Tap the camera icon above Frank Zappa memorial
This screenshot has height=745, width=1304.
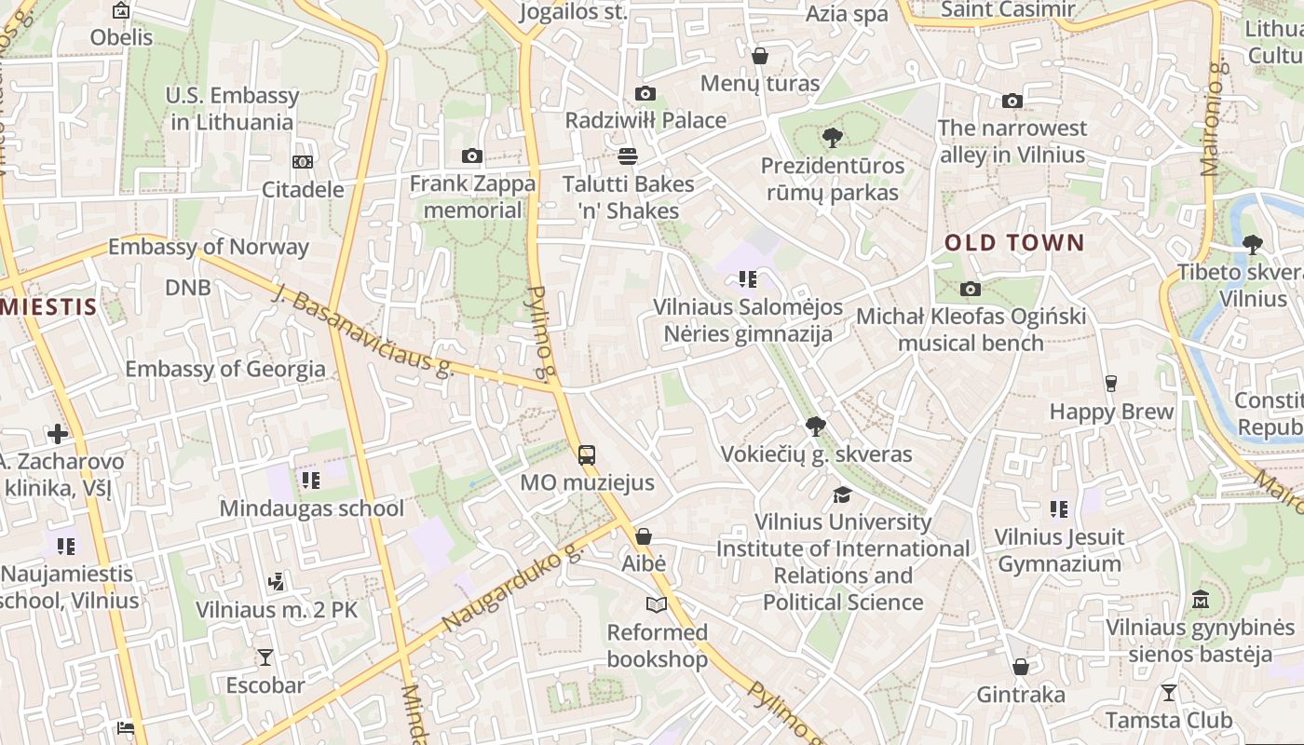tap(472, 156)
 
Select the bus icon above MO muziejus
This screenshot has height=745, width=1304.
tap(587, 455)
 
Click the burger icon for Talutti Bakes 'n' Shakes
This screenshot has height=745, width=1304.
tap(628, 156)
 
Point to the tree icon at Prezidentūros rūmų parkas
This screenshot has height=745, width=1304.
tap(832, 138)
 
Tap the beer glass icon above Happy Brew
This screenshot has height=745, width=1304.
tap(1110, 383)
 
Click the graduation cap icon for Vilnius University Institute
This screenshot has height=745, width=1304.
tap(842, 494)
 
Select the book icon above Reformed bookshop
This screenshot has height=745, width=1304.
tap(657, 605)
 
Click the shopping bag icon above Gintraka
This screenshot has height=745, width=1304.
tap(1021, 667)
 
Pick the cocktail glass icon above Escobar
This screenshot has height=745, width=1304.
tap(265, 657)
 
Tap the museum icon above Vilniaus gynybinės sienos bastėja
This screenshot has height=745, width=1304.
tap(1200, 599)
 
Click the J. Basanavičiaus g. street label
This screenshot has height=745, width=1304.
tap(362, 331)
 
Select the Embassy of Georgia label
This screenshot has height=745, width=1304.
tap(225, 369)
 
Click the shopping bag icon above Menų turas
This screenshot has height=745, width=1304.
tap(760, 56)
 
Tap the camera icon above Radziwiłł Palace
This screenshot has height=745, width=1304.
tap(645, 93)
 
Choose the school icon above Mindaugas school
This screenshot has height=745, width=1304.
tap(310, 480)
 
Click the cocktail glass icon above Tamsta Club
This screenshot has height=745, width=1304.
tap(1168, 693)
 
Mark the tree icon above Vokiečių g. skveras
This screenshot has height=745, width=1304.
tap(816, 427)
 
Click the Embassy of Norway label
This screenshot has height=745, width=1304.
tap(208, 247)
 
